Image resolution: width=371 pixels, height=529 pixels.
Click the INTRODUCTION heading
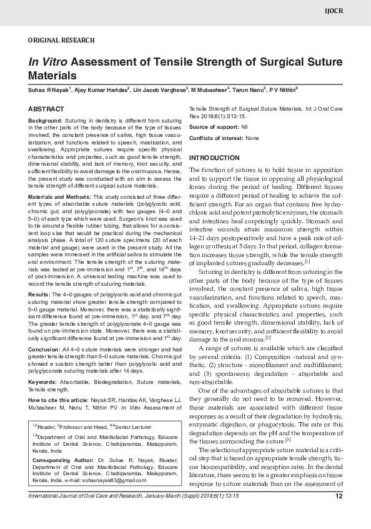pos(214,158)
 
